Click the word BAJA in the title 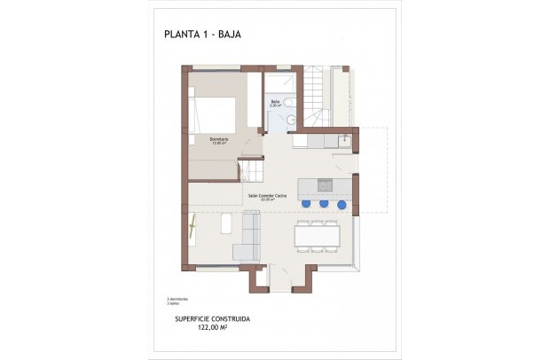point(230,35)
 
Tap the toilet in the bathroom point(291,104)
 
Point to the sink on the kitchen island point(324,185)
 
